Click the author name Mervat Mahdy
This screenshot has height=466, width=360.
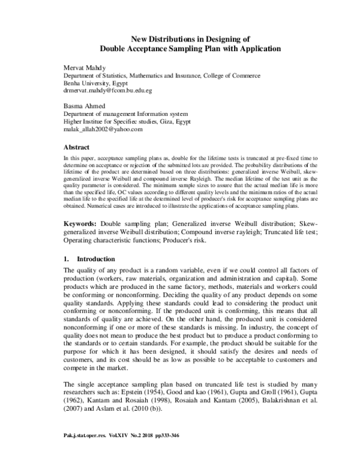(85, 68)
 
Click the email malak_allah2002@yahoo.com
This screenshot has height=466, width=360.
(103, 129)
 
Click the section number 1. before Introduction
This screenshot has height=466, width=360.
(67, 259)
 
